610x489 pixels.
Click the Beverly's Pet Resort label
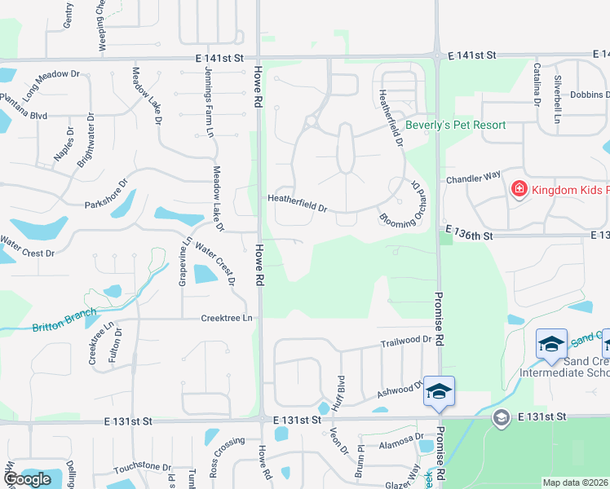coord(455,125)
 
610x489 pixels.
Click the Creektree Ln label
coord(228,318)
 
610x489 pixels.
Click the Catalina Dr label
coord(537,85)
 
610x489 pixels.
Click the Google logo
coord(28,478)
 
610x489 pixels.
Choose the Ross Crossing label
coord(226,456)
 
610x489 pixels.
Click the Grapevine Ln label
coord(183,260)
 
